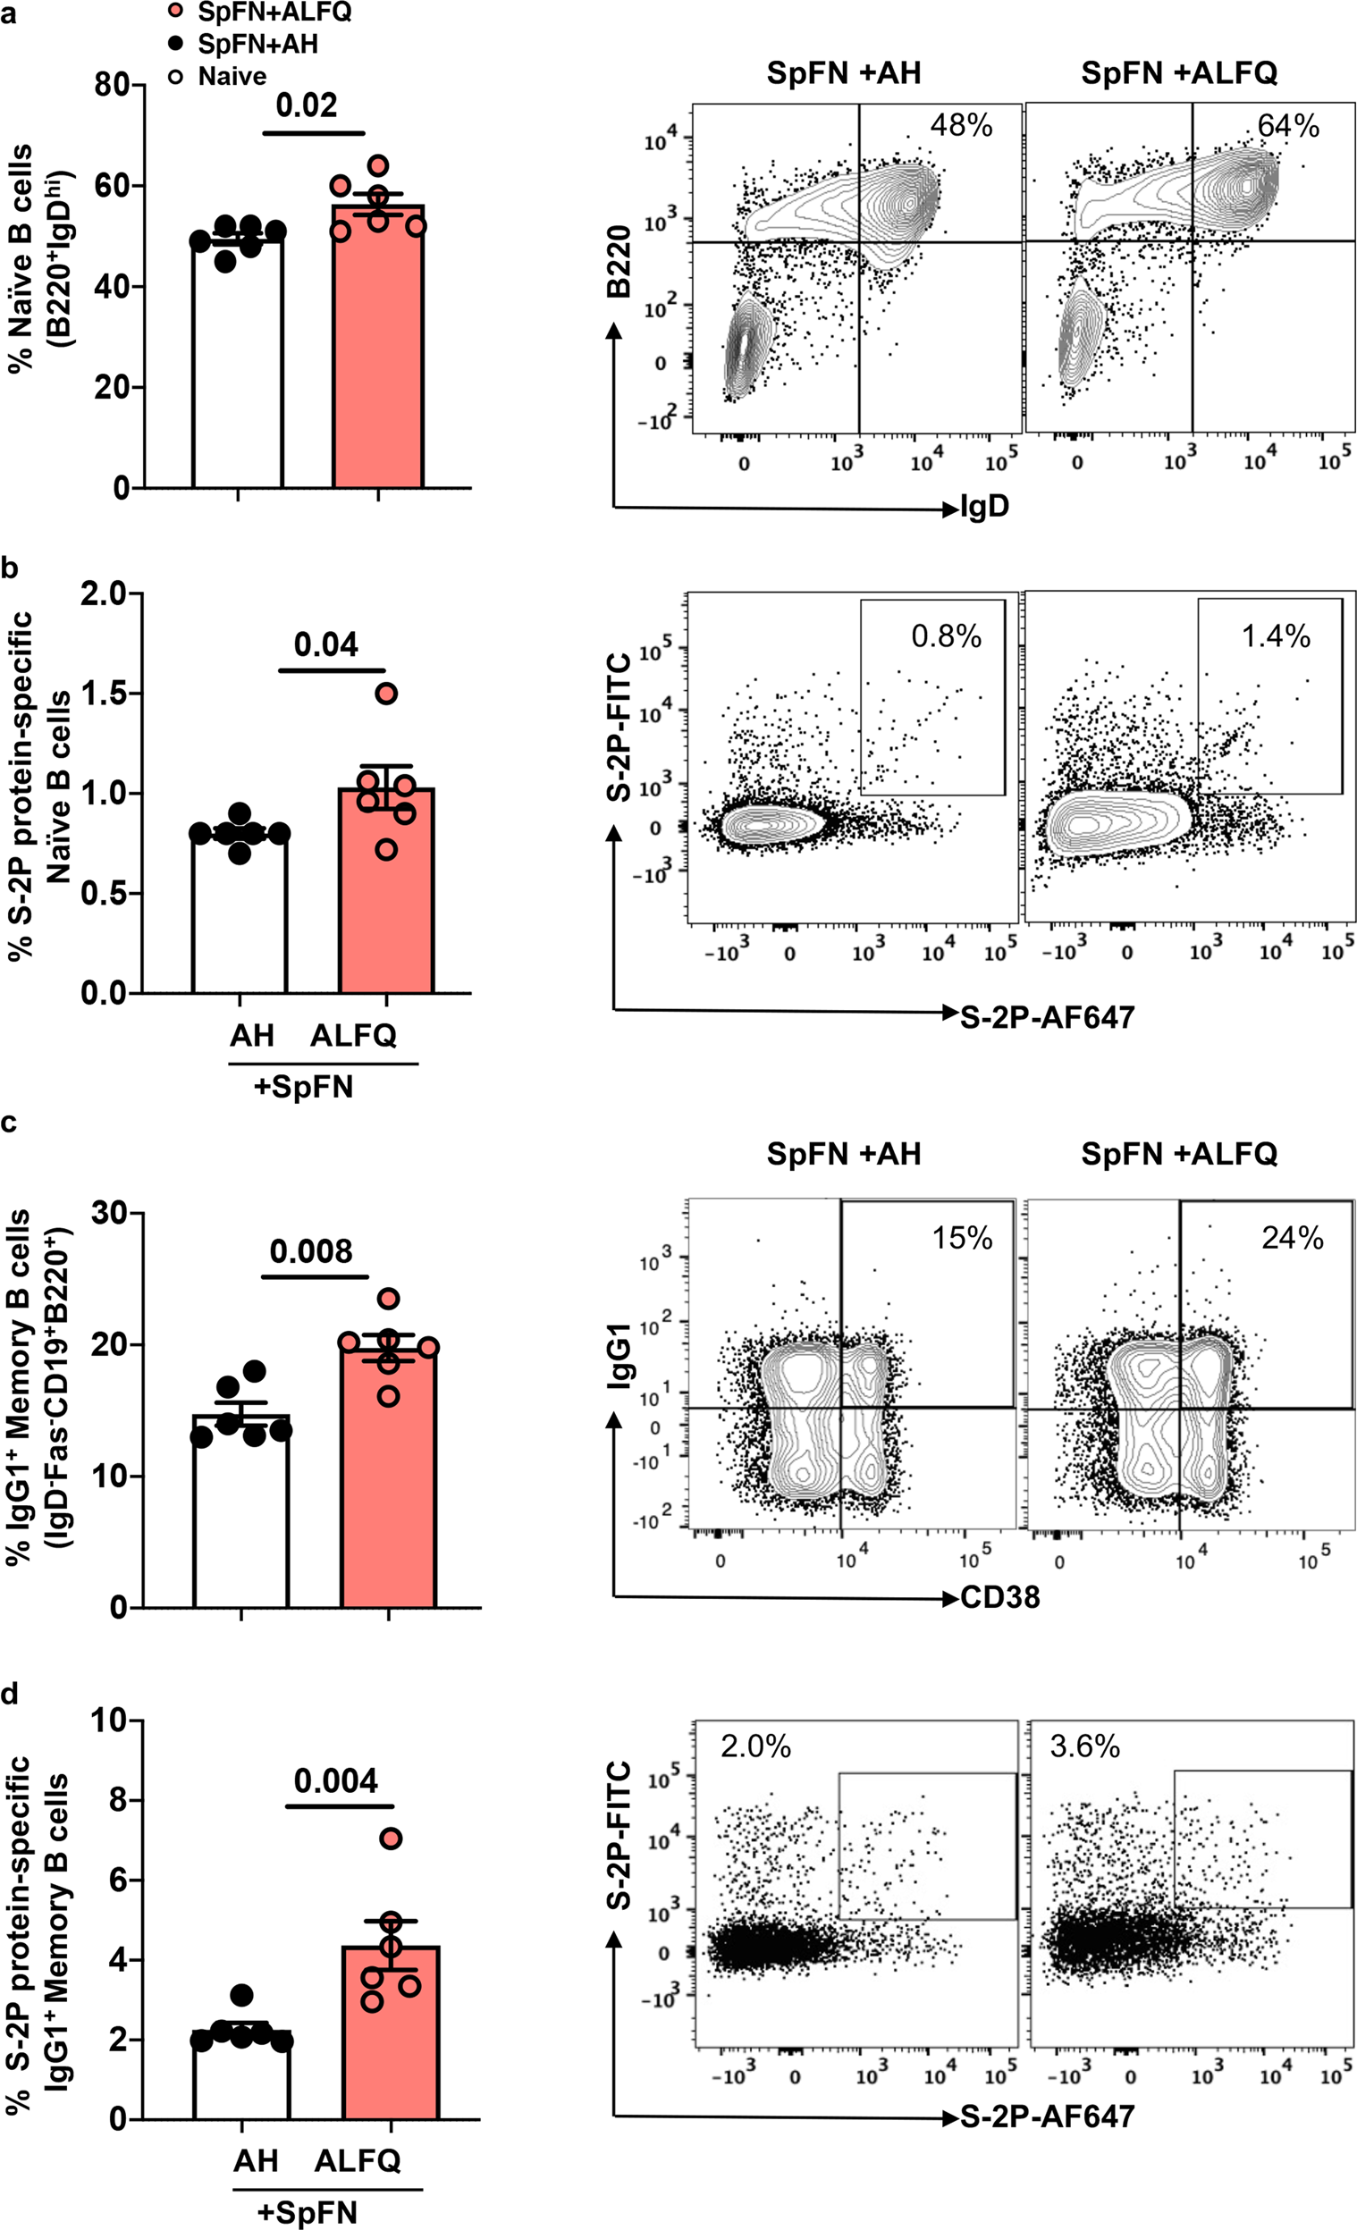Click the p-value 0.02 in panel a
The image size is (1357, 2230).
(306, 105)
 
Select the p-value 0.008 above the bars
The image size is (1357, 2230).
(310, 1251)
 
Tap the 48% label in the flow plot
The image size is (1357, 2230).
(961, 126)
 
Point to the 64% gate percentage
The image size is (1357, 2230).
(1288, 126)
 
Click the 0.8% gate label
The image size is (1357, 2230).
(946, 636)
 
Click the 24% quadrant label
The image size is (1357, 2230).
(1292, 1237)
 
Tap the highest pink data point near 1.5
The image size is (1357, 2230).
(386, 694)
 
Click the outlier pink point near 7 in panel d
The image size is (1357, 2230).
(390, 1839)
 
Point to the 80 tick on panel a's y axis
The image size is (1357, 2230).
(112, 85)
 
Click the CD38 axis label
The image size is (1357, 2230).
(999, 1597)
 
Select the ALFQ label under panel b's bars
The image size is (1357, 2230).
(353, 1035)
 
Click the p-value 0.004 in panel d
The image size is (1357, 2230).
(336, 1780)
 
